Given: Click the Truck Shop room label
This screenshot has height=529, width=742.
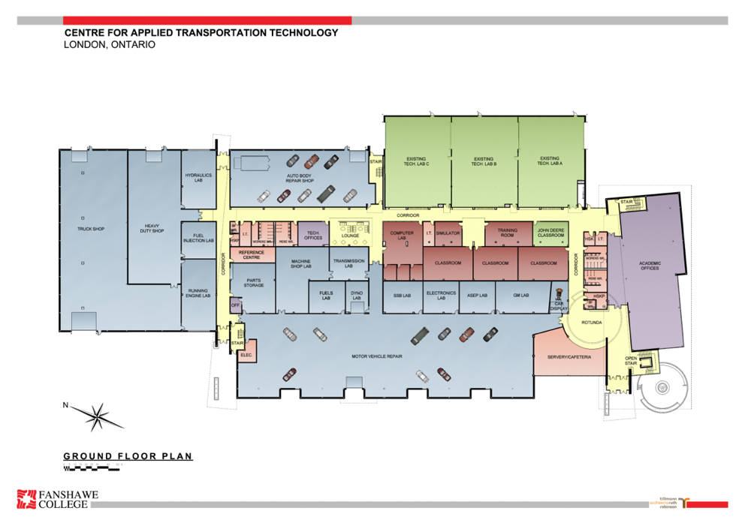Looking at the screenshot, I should [x=89, y=228].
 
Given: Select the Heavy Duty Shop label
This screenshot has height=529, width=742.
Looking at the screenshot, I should [x=153, y=228].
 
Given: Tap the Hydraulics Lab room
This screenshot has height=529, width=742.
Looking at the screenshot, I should [x=199, y=178].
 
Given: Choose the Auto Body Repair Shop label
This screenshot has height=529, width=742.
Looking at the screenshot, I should [x=300, y=179].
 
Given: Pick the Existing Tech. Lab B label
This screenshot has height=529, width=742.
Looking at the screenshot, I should [x=484, y=161].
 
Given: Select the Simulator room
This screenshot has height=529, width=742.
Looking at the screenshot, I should [x=448, y=233].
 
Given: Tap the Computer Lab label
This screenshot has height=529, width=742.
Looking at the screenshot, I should [x=402, y=236].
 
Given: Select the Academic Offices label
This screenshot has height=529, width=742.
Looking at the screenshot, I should [x=650, y=265].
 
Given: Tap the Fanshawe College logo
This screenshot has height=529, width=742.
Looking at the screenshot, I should [x=58, y=498].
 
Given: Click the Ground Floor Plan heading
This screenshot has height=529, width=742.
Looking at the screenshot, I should [x=128, y=455].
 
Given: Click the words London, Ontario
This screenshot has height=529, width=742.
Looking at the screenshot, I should [x=110, y=45].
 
